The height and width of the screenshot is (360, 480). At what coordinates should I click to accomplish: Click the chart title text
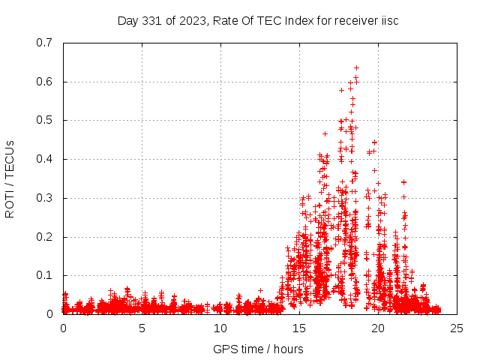tap(258, 20)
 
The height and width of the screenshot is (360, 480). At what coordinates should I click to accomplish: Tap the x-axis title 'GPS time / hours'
tap(258, 349)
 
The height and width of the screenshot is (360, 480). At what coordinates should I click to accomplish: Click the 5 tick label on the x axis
tap(142, 328)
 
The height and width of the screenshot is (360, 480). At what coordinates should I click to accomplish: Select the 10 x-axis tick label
tap(220, 328)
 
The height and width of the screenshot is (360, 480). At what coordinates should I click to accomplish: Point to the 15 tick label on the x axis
tap(299, 328)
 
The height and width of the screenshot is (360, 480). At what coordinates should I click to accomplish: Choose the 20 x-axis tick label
tap(378, 328)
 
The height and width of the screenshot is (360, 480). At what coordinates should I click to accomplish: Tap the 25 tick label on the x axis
tap(457, 328)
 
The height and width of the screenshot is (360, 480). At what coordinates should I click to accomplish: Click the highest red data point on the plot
tap(357, 67)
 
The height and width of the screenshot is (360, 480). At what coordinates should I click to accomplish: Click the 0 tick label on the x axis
tap(63, 328)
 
